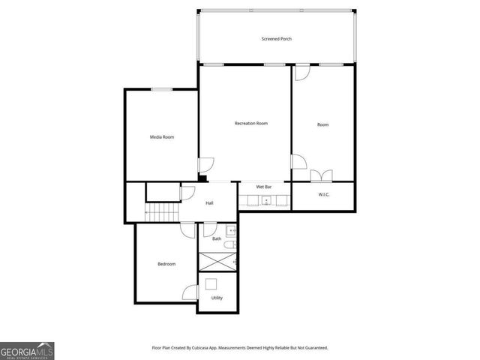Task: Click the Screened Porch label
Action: tap(275, 39)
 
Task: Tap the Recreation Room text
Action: tap(250, 123)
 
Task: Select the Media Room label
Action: tap(162, 136)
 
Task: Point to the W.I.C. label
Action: tap(324, 195)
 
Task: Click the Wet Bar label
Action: tap(263, 186)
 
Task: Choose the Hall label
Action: tap(210, 203)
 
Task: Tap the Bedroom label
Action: tap(166, 263)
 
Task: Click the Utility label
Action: tap(217, 298)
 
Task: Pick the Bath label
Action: tap(217, 238)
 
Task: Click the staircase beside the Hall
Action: tap(163, 213)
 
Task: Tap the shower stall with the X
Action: tap(217, 262)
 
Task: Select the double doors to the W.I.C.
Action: tap(320, 175)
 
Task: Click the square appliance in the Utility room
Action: tap(211, 283)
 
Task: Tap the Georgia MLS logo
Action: tap(27, 350)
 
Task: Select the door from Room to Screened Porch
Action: tap(301, 73)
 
